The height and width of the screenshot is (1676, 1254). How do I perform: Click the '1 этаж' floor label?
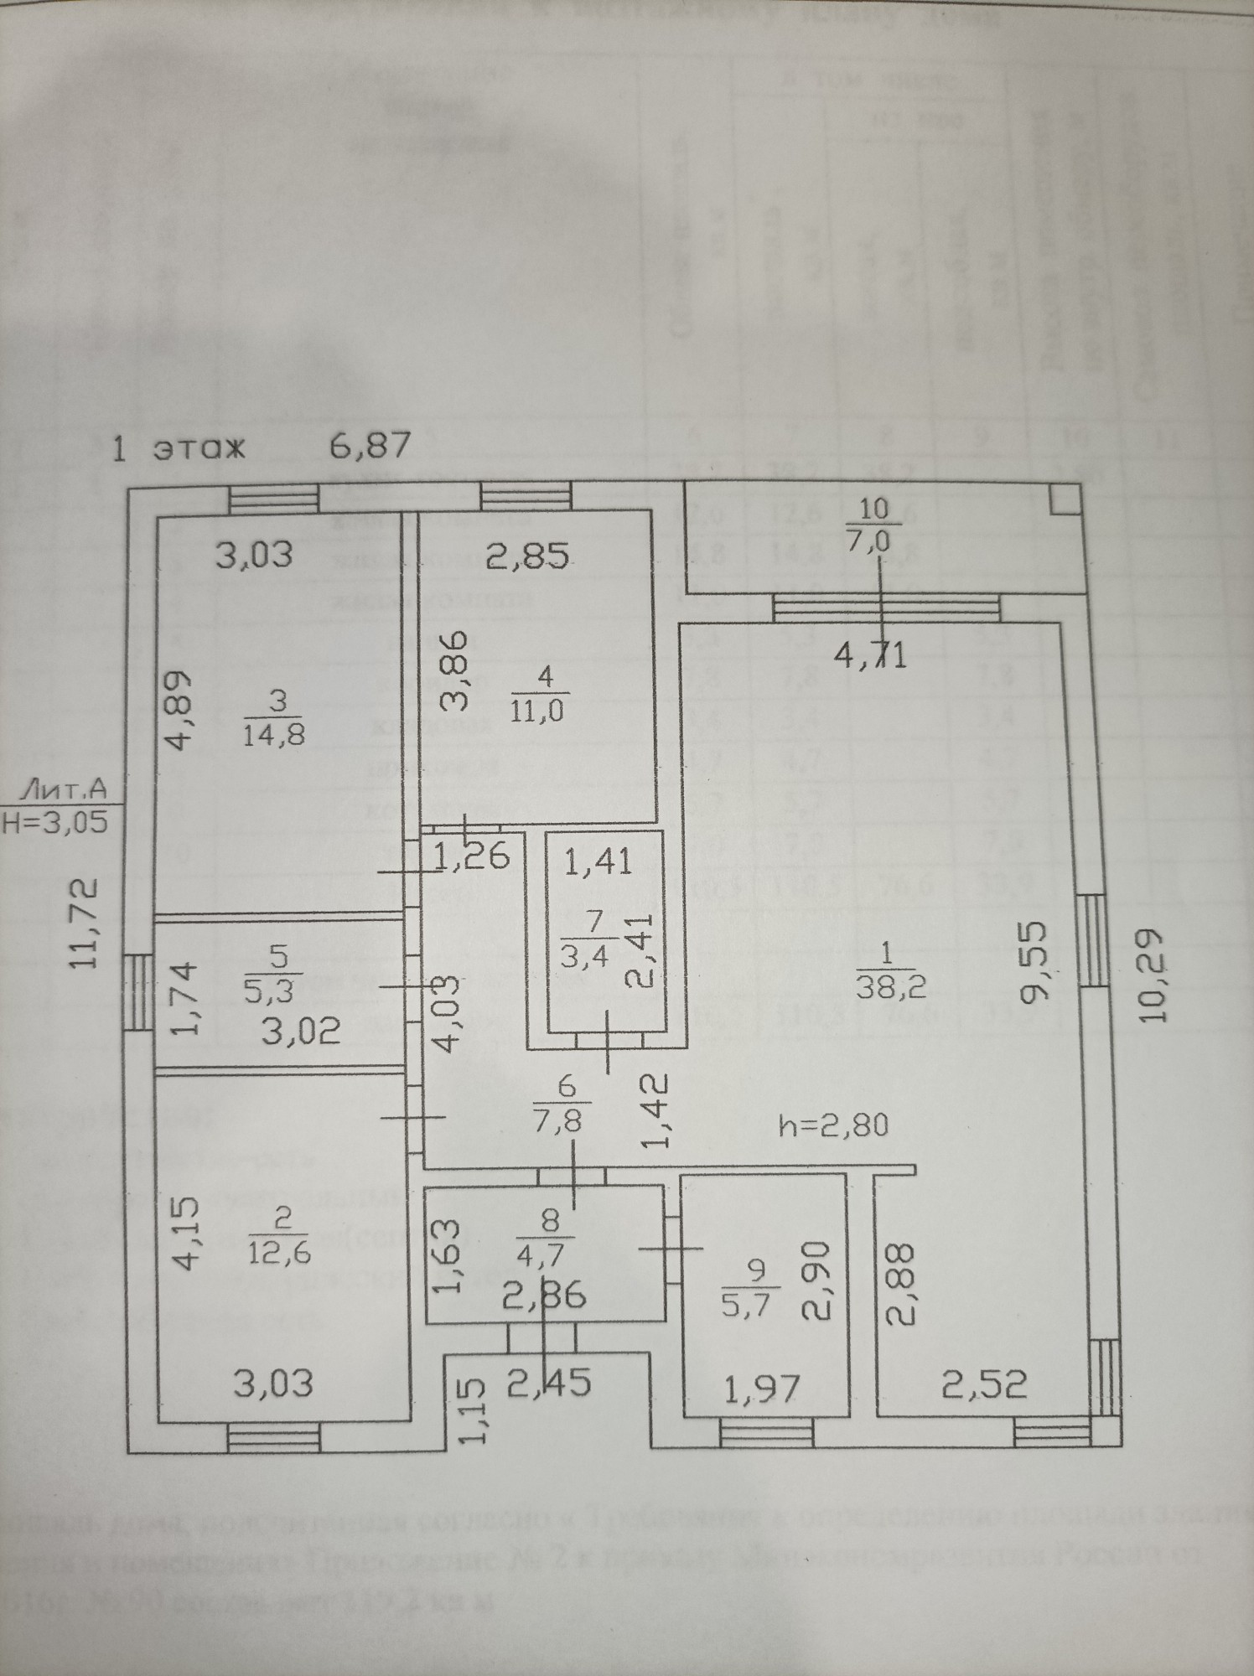coord(178,448)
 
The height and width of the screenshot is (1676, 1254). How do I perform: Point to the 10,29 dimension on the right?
coord(1154,975)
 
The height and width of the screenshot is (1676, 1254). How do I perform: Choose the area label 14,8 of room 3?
coord(274,735)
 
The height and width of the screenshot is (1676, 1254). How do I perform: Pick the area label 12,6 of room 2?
coord(282,1255)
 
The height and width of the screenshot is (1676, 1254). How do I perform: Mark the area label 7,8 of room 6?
coord(567,1120)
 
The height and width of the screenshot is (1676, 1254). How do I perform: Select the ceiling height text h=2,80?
coord(832,1124)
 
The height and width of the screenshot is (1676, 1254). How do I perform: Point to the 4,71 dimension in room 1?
coord(870,654)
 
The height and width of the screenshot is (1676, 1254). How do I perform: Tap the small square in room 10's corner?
coord(1064,501)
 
